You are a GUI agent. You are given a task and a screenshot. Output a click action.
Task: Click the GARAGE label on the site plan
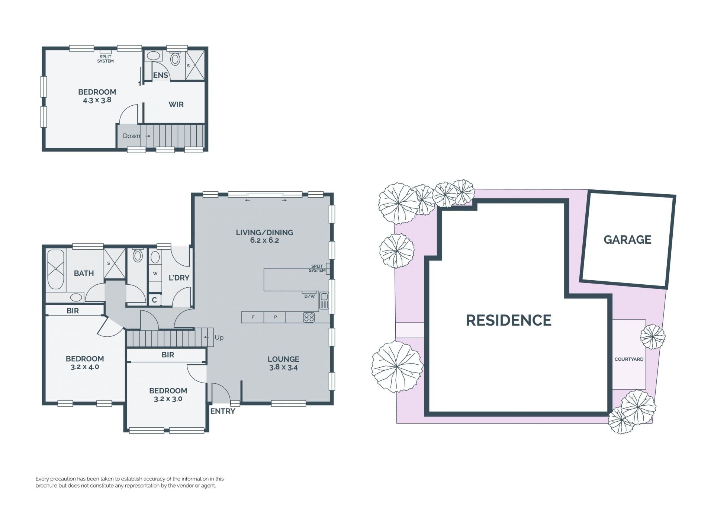627,240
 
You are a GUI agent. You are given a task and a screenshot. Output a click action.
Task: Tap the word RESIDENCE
508,320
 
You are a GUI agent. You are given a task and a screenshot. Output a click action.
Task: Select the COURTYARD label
629,359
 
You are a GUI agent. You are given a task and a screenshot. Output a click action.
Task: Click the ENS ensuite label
161,75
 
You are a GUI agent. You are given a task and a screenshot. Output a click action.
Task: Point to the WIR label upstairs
176,105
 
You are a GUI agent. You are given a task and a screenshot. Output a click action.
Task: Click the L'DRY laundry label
179,278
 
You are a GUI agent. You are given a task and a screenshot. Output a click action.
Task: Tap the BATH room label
84,273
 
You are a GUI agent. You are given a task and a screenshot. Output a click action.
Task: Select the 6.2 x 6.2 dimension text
264,240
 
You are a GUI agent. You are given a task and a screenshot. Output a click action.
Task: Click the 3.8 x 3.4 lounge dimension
283,367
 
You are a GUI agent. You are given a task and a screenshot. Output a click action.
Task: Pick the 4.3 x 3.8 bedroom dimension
97,100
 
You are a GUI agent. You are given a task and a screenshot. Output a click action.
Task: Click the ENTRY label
223,411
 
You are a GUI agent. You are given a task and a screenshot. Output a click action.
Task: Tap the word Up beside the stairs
219,338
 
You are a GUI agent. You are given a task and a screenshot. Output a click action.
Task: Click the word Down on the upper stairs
132,136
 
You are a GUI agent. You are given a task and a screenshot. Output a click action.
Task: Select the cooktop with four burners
309,317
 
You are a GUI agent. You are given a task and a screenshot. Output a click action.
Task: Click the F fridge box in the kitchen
253,317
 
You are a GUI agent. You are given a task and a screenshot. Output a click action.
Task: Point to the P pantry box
275,317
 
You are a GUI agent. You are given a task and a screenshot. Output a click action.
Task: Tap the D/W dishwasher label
309,296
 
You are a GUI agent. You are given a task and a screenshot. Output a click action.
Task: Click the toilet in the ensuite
175,58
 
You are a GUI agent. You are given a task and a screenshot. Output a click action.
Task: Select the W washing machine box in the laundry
155,274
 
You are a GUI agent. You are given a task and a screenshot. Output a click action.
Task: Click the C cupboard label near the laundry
154,300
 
